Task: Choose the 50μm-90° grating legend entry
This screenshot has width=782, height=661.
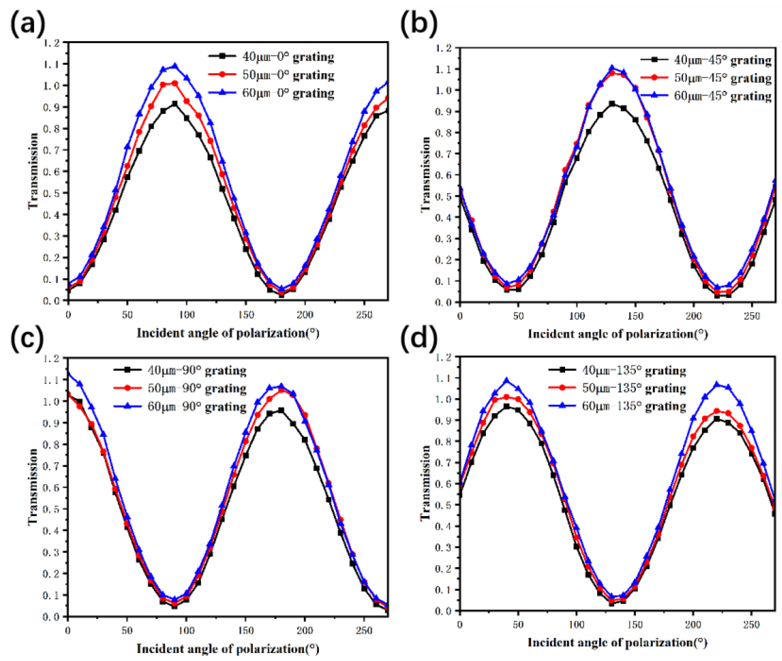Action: [180, 388]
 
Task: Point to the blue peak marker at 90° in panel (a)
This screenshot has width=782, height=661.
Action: [175, 66]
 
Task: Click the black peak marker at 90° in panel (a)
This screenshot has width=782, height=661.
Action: [175, 103]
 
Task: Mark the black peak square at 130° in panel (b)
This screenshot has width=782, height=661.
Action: [612, 103]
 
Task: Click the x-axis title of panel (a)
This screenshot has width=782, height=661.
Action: [228, 333]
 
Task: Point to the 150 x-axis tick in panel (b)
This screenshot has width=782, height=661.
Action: [635, 316]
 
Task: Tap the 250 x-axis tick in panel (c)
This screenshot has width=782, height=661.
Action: [364, 631]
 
